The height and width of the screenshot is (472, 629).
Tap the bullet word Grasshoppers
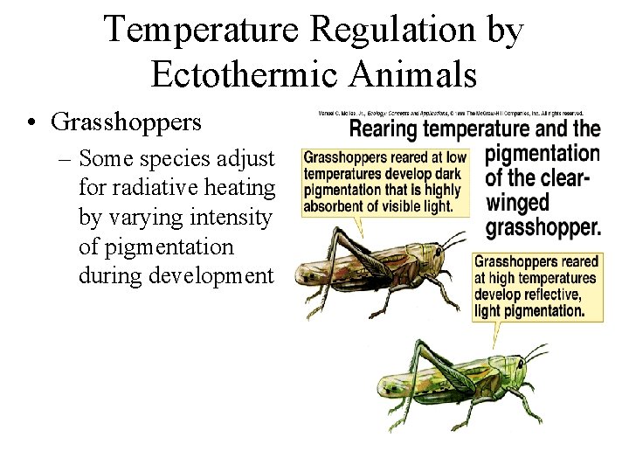point(127,121)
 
